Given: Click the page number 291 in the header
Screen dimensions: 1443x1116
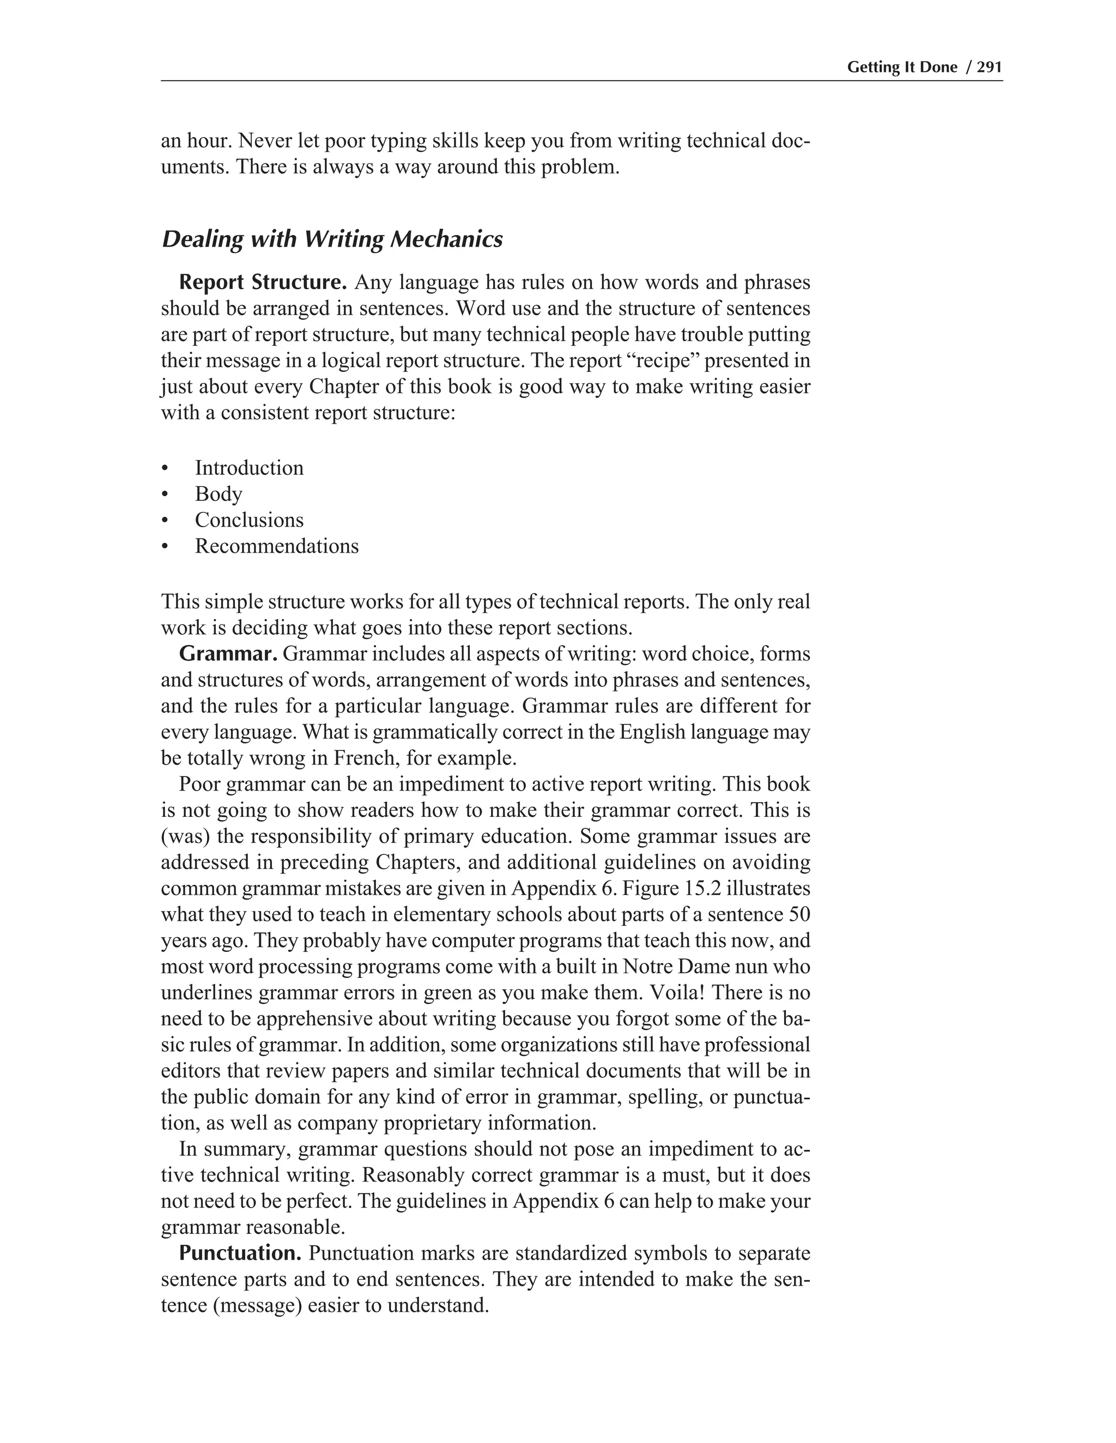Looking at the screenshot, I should tap(990, 68).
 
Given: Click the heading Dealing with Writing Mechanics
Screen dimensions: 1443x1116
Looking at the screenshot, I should tap(332, 239).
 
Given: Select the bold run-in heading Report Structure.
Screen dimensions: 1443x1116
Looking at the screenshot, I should tap(263, 282).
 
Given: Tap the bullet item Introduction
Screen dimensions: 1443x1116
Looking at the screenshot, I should tap(249, 468).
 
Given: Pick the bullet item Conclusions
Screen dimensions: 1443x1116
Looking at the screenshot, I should tap(249, 520).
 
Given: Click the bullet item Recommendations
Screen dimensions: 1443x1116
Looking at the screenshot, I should tap(276, 546).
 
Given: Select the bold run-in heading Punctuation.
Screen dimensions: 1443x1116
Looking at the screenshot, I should tap(241, 1254).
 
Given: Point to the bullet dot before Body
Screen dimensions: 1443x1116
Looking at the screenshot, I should tap(165, 495).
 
